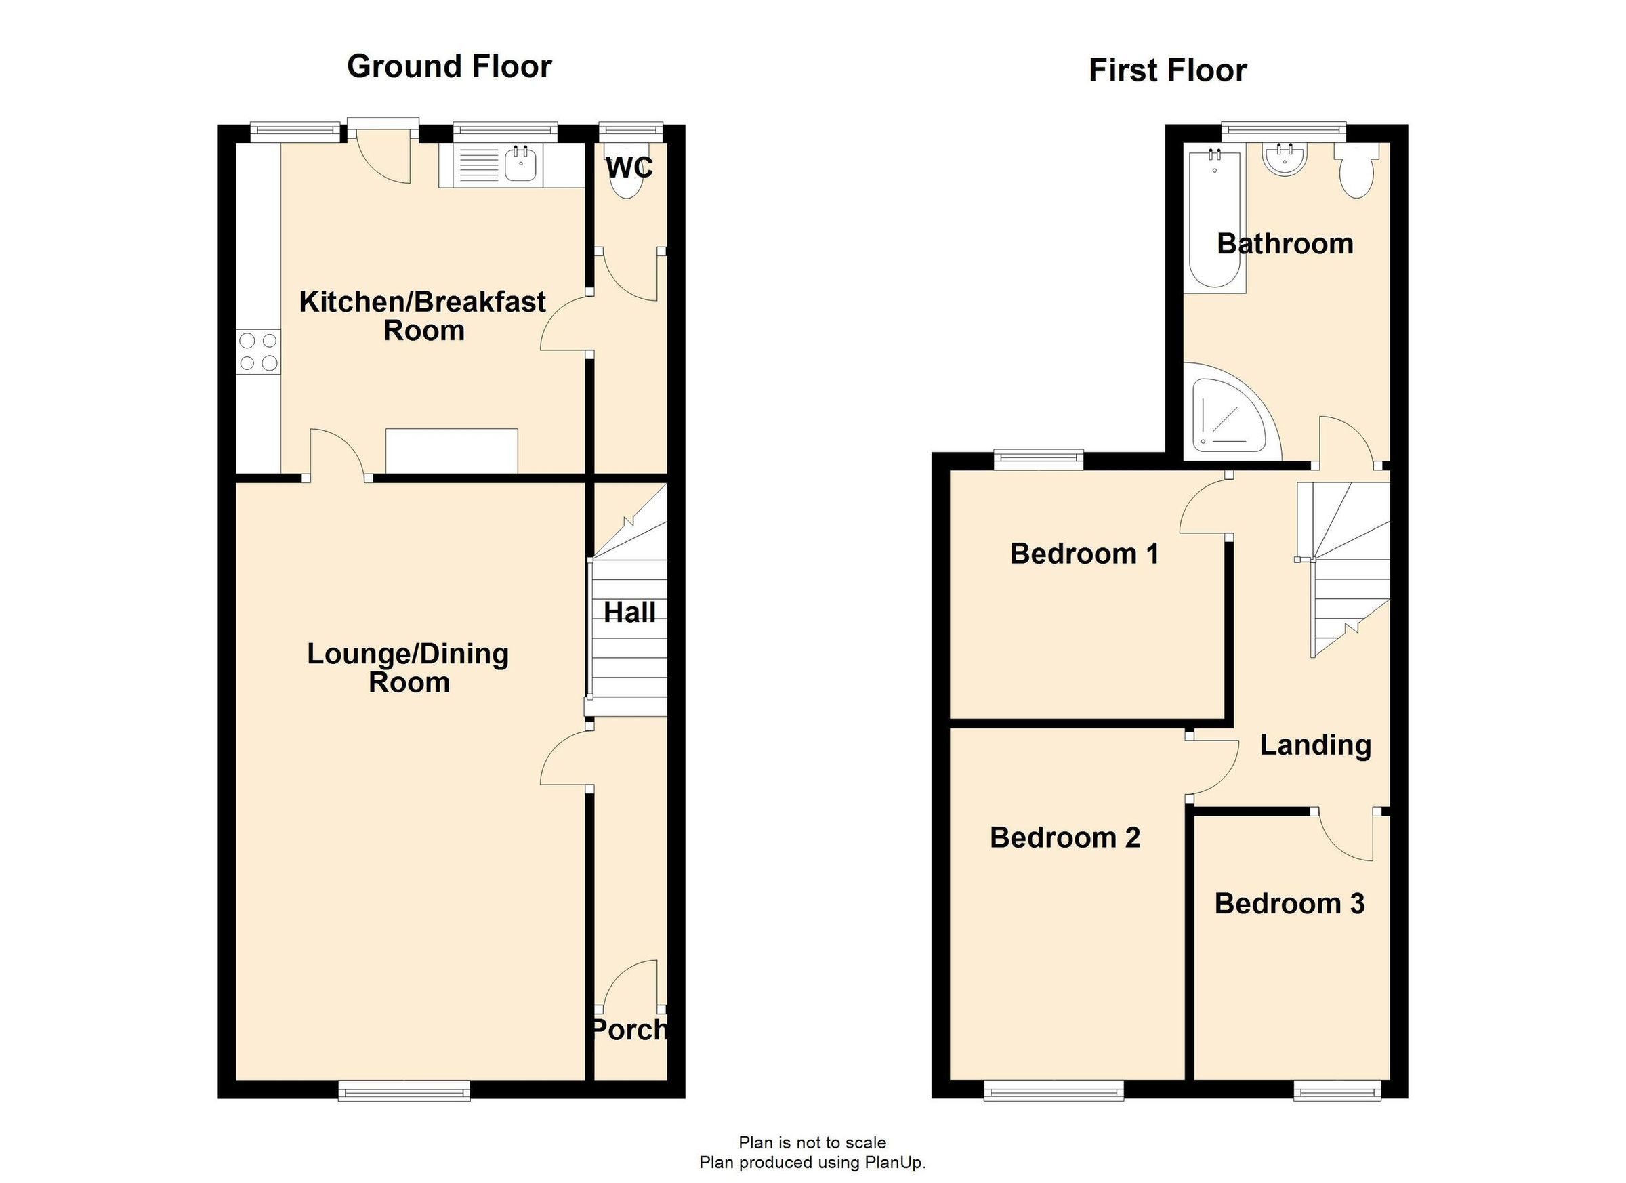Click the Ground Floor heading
pos(449,66)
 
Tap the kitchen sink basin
pos(521,164)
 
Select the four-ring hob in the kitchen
pos(259,352)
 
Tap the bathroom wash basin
pos(1285,159)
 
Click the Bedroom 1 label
pos(1083,554)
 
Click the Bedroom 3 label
pos(1289,904)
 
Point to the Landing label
pos(1315,746)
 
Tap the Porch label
pos(629,1030)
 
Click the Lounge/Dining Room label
pos(408,667)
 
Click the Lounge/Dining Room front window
pos(404,1093)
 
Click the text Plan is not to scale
pos(812,1142)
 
